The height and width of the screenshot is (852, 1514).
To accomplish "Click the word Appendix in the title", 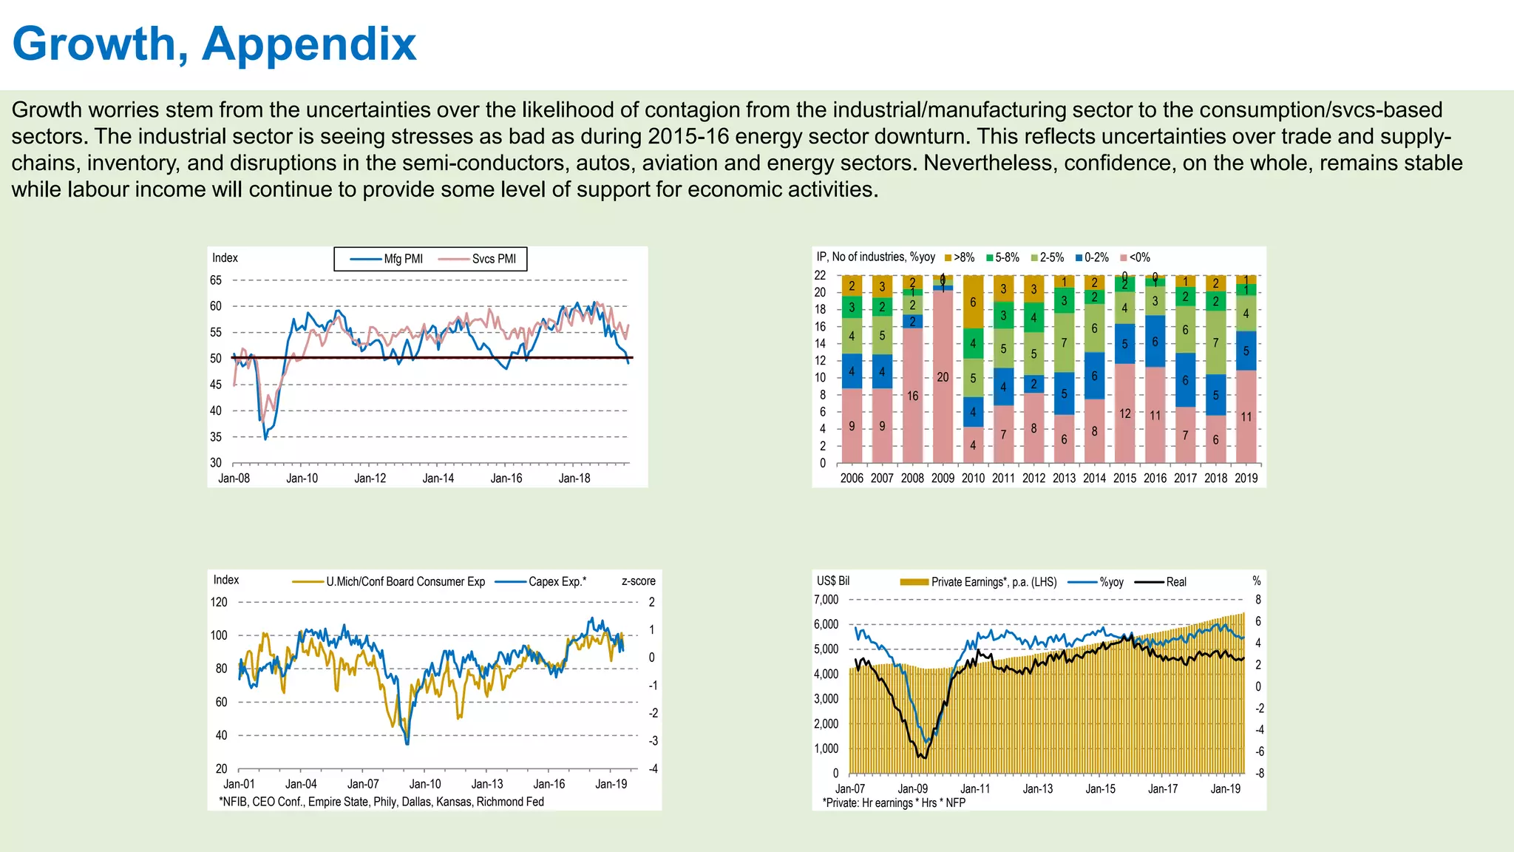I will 309,44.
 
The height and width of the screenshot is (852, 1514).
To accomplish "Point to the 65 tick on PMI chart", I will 216,280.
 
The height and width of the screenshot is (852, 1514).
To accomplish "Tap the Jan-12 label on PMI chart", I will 370,479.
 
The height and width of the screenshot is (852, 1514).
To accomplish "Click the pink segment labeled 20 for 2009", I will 943,377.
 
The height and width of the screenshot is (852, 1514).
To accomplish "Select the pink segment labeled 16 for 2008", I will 912,396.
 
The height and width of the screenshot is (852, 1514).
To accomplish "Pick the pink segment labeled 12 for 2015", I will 1124,413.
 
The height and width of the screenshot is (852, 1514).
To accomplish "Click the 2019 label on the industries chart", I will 1246,479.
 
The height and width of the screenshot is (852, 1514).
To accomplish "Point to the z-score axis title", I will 638,581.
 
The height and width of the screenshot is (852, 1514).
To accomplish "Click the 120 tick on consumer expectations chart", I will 220,602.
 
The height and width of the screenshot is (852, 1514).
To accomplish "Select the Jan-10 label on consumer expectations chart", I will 425,784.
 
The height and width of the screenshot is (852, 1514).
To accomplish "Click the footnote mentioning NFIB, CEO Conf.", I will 381,802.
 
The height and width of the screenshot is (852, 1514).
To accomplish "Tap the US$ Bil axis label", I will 833,581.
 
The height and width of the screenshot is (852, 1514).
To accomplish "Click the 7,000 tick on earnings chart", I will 826,600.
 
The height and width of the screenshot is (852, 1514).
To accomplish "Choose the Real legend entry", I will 1175,582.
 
